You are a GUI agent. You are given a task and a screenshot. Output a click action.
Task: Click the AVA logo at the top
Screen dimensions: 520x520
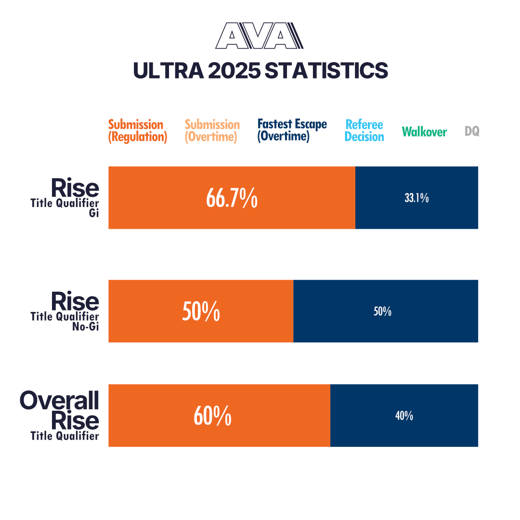coord(259,37)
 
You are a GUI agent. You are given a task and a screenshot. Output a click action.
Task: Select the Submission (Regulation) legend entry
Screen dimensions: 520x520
coord(137,131)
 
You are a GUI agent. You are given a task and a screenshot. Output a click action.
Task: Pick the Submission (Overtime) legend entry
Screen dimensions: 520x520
coord(212,131)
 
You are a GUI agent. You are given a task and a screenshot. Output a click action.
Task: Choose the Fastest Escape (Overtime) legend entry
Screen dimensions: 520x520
coord(292,130)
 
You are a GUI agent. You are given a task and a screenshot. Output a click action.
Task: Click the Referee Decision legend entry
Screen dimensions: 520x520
coord(364,131)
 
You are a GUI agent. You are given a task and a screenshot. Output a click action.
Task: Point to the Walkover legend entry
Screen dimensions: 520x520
coord(424,132)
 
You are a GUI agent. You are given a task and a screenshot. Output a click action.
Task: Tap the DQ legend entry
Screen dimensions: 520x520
coord(472,131)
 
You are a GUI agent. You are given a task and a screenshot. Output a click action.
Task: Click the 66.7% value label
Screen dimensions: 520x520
coord(232,198)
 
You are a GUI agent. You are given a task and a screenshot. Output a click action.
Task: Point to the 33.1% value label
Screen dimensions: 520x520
coord(416,198)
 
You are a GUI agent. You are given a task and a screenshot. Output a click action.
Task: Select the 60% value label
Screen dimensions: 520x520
coord(212,416)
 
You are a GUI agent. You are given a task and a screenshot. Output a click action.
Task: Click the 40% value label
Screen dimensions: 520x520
coord(404,416)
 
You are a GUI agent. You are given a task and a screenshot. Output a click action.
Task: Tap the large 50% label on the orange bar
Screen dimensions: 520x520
coord(201,312)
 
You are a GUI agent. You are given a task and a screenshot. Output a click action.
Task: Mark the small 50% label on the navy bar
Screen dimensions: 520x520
coord(382,312)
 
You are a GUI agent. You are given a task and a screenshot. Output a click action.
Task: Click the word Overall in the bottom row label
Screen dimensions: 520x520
coord(60,401)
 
